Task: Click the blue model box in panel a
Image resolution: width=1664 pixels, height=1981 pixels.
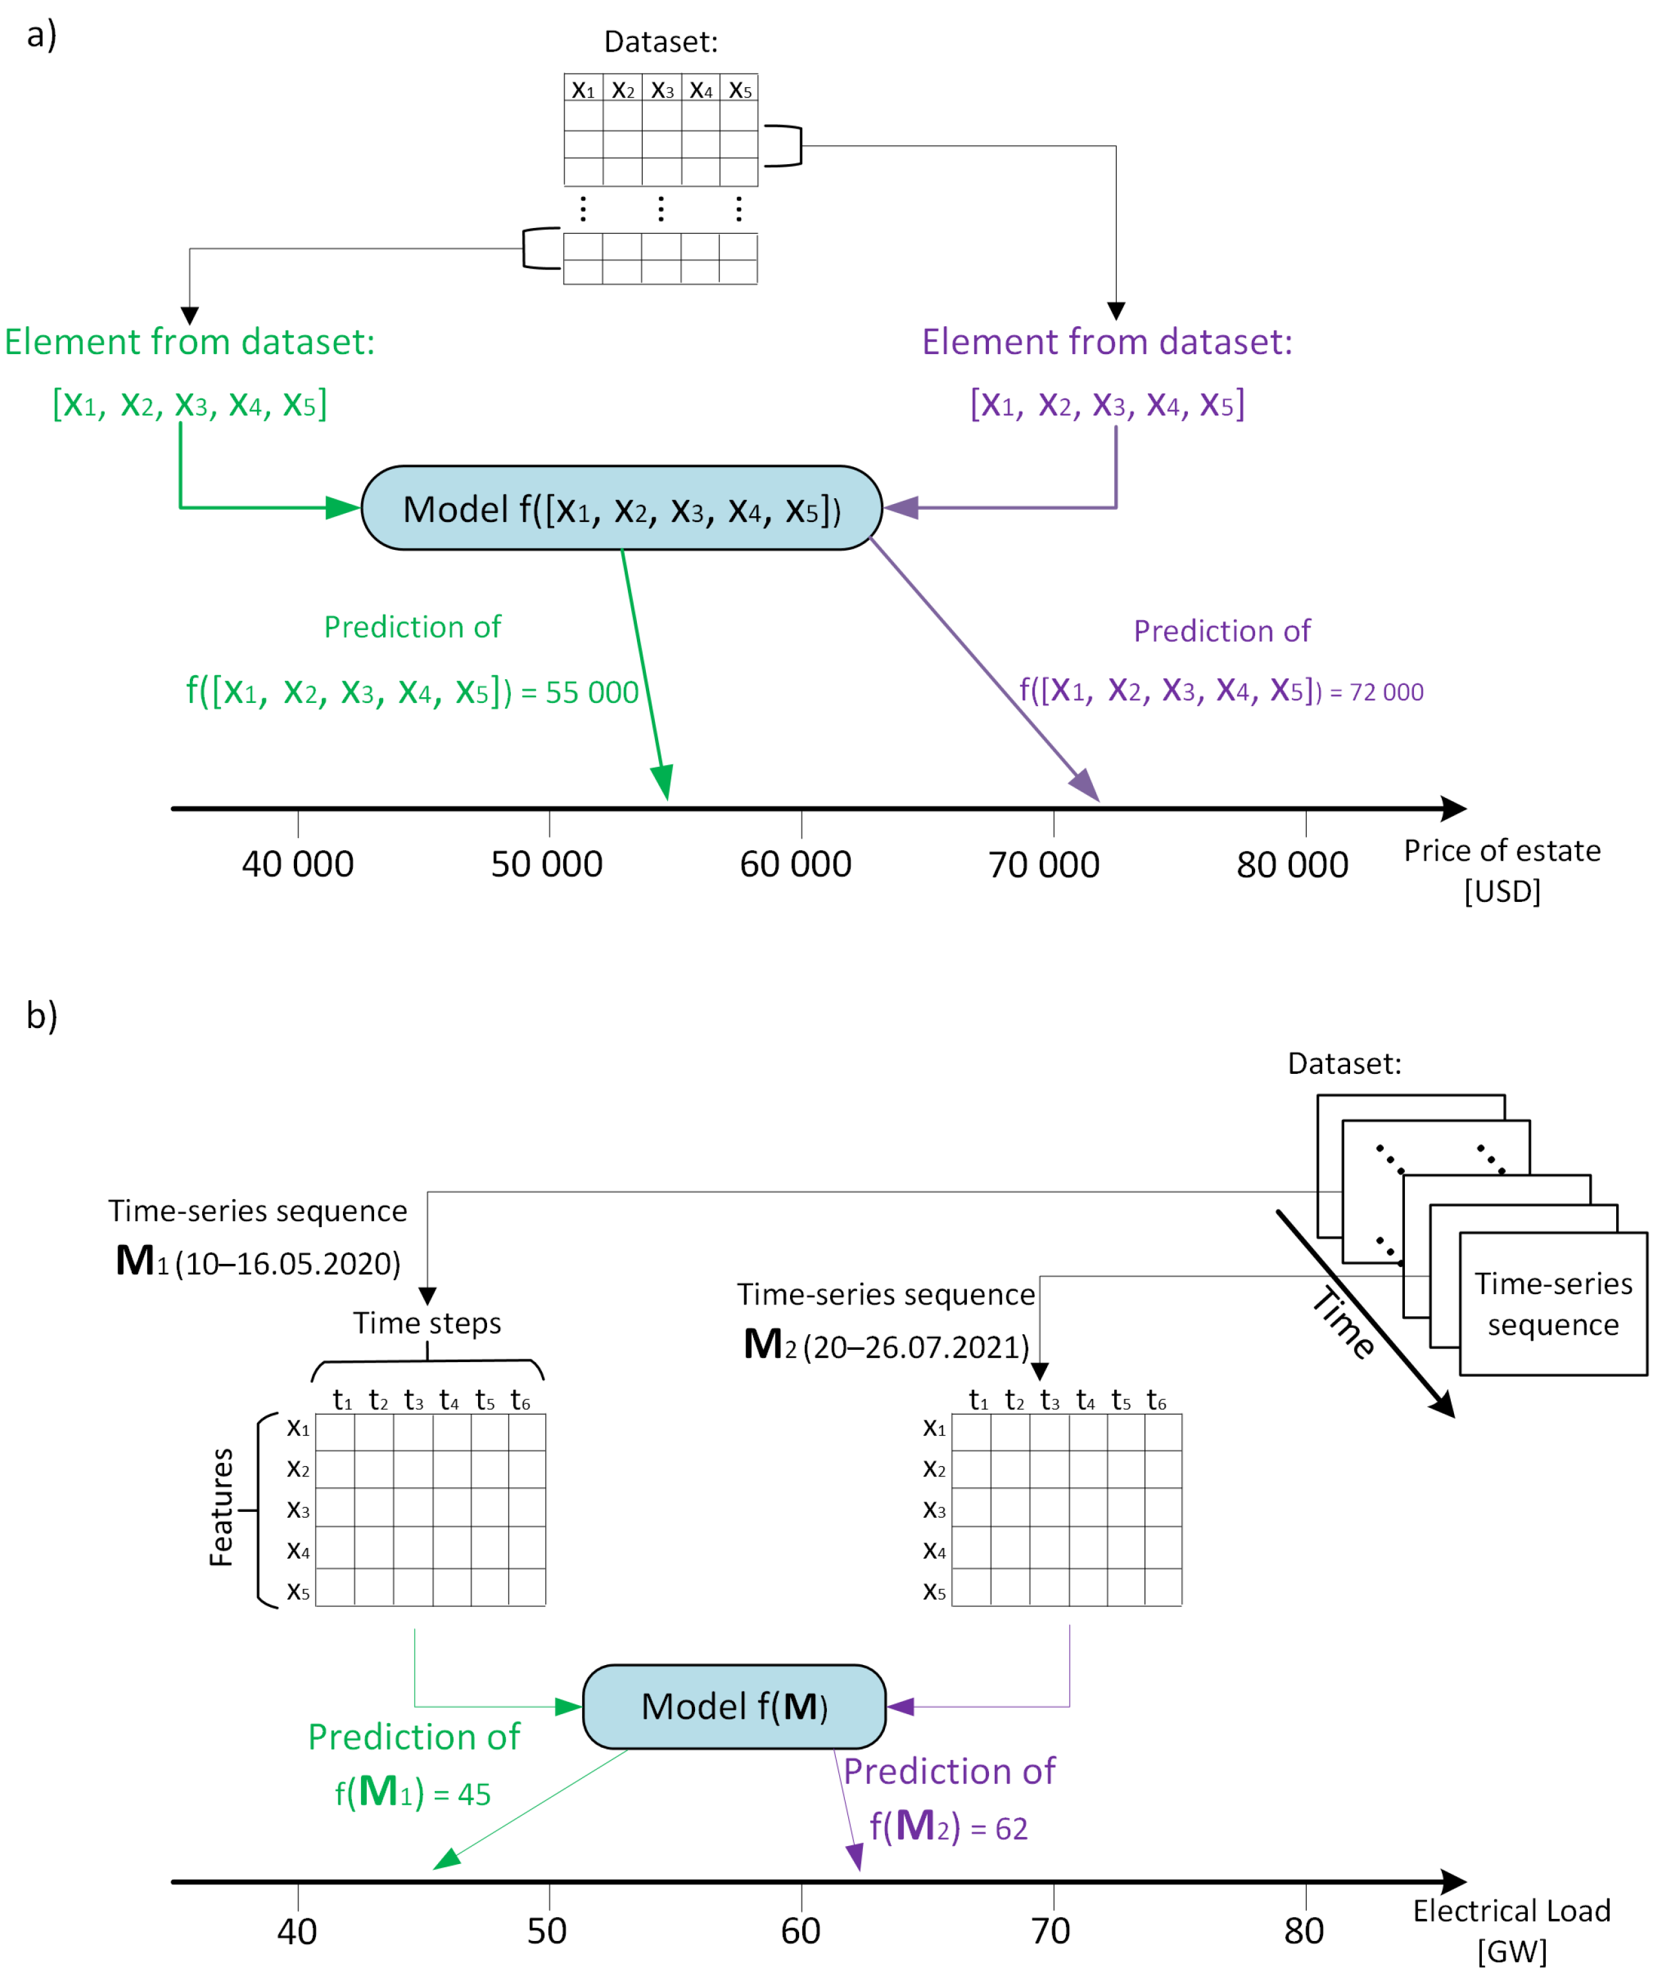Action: point(621,507)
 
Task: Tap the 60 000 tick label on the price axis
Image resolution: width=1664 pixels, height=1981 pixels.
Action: point(795,864)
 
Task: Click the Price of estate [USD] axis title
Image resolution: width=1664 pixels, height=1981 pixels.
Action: point(1502,870)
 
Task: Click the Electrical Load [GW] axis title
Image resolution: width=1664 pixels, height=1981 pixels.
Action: point(1511,1929)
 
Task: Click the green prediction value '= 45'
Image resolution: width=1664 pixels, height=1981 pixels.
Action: point(463,1794)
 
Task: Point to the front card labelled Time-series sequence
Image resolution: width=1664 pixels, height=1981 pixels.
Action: point(1553,1304)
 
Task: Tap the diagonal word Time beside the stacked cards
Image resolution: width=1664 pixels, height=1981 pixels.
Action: point(1344,1323)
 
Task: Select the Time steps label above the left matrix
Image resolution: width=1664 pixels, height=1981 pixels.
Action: point(428,1323)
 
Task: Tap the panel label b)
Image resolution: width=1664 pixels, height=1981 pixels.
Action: point(41,1016)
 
